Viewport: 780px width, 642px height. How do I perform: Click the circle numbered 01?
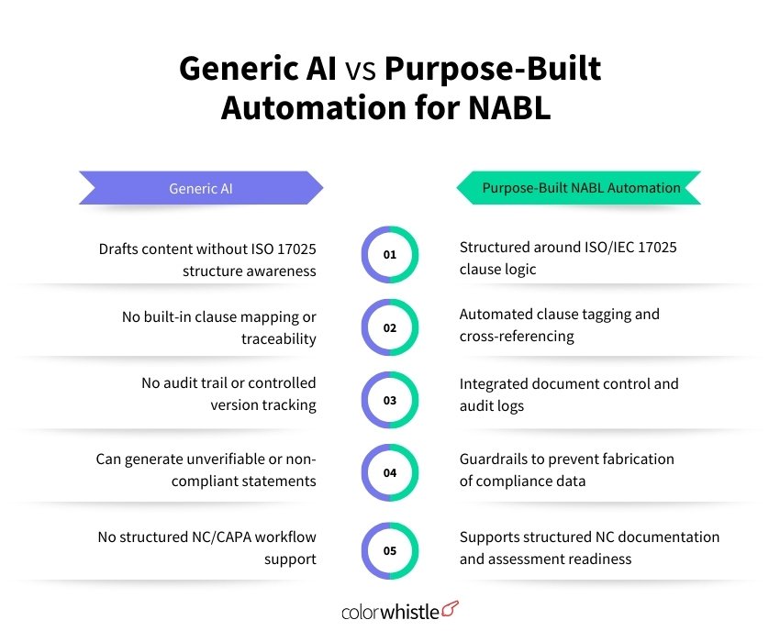(389, 254)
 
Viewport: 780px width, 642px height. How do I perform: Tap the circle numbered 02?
(389, 327)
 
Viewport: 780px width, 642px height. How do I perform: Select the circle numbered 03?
(389, 400)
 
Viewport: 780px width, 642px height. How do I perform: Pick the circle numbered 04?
(389, 473)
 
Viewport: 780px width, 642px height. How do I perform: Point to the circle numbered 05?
(389, 551)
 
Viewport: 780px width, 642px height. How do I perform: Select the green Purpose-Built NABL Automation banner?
(581, 188)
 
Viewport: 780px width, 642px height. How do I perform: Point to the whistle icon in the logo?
(451, 608)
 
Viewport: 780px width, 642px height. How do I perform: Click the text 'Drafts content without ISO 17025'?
(207, 249)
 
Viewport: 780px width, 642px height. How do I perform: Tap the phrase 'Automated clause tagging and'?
(559, 314)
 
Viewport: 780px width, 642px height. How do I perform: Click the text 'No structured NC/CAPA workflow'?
(206, 537)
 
